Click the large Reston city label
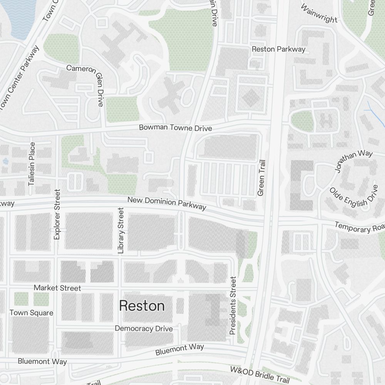tap(142, 306)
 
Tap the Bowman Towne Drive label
tap(175, 128)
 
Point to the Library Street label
tap(121, 231)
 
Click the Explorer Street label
tap(57, 214)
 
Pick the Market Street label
tap(57, 288)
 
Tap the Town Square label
tap(31, 313)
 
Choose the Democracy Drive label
tap(144, 329)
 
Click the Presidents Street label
tap(233, 305)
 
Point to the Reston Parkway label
tap(278, 49)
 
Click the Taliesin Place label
tap(32, 164)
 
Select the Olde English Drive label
tap(353, 197)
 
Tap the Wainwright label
tap(319, 13)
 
